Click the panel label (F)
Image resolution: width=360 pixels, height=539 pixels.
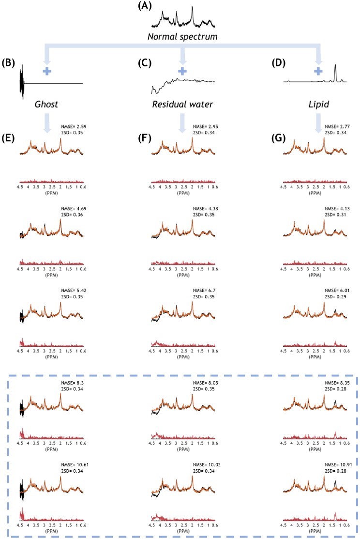(x=144, y=136)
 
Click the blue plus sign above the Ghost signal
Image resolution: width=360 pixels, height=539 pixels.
(x=46, y=71)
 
